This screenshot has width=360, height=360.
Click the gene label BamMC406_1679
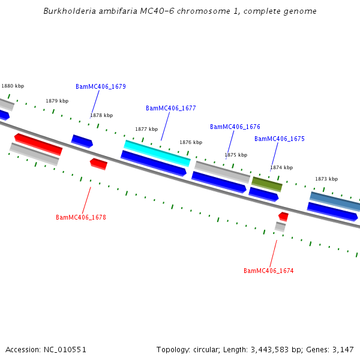click(x=100, y=86)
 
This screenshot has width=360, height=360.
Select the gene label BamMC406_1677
click(x=170, y=108)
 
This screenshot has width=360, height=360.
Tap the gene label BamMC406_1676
click(x=235, y=127)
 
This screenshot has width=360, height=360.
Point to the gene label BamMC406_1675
click(x=279, y=139)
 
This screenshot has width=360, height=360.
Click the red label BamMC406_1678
click(x=80, y=217)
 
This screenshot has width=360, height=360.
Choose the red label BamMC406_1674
click(x=268, y=271)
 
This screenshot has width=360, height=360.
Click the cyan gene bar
click(x=157, y=153)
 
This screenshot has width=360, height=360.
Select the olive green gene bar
click(x=266, y=184)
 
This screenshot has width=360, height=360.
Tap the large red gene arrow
click(x=38, y=144)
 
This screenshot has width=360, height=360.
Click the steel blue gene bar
click(x=335, y=201)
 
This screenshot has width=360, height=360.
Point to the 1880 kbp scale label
click(x=13, y=86)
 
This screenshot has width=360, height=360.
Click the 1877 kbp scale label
click(x=146, y=129)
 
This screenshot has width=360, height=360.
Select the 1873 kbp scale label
click(x=326, y=179)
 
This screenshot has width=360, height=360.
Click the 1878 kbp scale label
click(x=101, y=115)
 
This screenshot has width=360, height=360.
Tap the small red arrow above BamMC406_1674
click(x=283, y=216)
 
